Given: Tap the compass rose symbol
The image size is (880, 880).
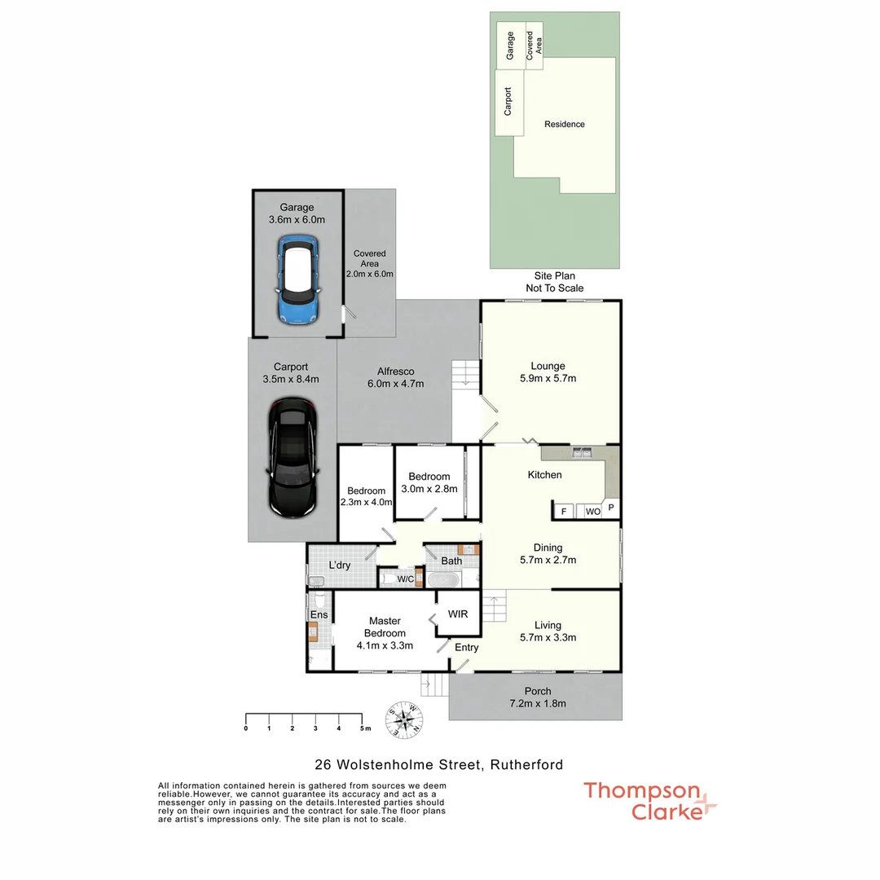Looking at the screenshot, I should coord(406,719).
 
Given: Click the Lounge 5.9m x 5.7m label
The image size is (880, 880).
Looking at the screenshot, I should coord(548,372).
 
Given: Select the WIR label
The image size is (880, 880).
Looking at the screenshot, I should coord(458,614).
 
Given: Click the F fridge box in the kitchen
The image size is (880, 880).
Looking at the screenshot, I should coord(561,512).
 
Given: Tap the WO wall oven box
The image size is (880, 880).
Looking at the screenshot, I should coord(592,512).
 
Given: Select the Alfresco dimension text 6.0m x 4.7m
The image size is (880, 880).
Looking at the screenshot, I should coord(396,384).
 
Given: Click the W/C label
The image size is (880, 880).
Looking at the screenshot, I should coord(405,579).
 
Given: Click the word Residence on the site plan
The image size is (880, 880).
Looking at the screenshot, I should coord(565,125).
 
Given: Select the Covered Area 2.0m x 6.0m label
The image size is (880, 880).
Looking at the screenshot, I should coord(369,264).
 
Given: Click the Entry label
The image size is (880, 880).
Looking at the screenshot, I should coord(467,648).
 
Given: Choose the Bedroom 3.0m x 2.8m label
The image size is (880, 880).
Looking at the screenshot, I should coord(429,482).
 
